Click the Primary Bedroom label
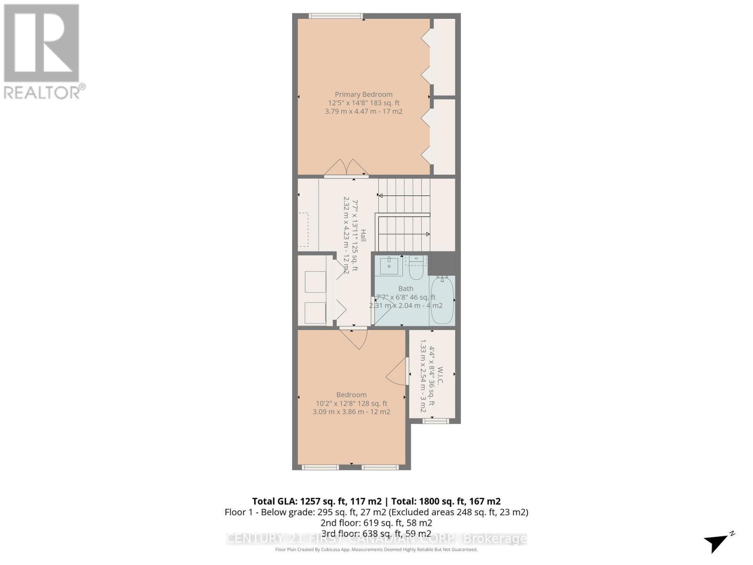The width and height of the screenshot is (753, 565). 363,94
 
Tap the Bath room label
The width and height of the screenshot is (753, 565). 406,289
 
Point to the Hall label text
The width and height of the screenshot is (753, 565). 363,235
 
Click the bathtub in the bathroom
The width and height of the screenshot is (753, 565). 442,300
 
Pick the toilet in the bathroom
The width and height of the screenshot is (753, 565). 417,268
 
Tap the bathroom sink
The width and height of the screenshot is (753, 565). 389,266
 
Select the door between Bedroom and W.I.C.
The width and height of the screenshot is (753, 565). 398,372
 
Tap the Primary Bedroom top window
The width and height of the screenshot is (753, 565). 336,16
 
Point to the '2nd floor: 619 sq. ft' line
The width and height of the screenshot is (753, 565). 376,523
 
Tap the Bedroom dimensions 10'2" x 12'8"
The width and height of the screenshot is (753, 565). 351,404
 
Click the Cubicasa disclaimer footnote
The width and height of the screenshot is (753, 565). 376,549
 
